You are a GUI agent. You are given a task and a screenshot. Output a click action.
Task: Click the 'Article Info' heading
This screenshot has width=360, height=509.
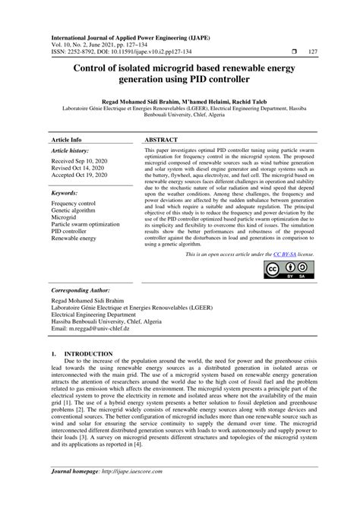[x=67, y=141]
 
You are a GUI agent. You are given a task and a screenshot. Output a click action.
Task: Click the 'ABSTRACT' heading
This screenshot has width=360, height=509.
[x=164, y=141]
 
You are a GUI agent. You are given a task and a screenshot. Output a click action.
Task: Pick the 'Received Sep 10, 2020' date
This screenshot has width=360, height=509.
[x=78, y=162]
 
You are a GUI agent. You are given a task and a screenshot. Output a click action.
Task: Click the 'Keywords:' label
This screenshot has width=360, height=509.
[x=65, y=194]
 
